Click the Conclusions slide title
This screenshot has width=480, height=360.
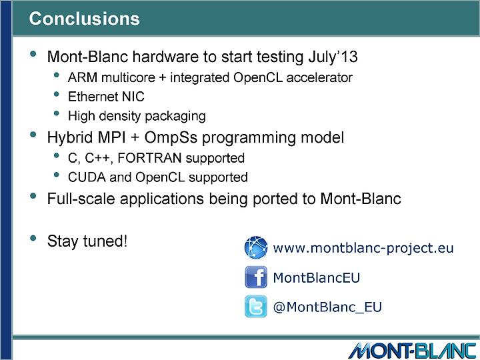(x=84, y=19)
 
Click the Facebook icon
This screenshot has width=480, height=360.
(x=256, y=277)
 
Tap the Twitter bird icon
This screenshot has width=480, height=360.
(x=256, y=307)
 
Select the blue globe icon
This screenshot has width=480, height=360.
(x=256, y=247)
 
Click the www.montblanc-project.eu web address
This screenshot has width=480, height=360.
(x=363, y=248)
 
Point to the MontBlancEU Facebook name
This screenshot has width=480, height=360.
(x=316, y=277)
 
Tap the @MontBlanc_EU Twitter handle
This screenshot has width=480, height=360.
(x=327, y=307)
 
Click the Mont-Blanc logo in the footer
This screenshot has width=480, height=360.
(x=413, y=351)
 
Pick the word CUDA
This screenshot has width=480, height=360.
(x=87, y=177)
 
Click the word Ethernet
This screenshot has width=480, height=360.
(x=93, y=97)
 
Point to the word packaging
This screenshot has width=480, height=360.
(x=175, y=117)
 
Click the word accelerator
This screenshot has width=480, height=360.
(x=319, y=78)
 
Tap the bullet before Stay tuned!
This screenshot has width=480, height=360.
(x=33, y=238)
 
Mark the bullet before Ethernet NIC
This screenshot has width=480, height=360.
(x=56, y=94)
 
